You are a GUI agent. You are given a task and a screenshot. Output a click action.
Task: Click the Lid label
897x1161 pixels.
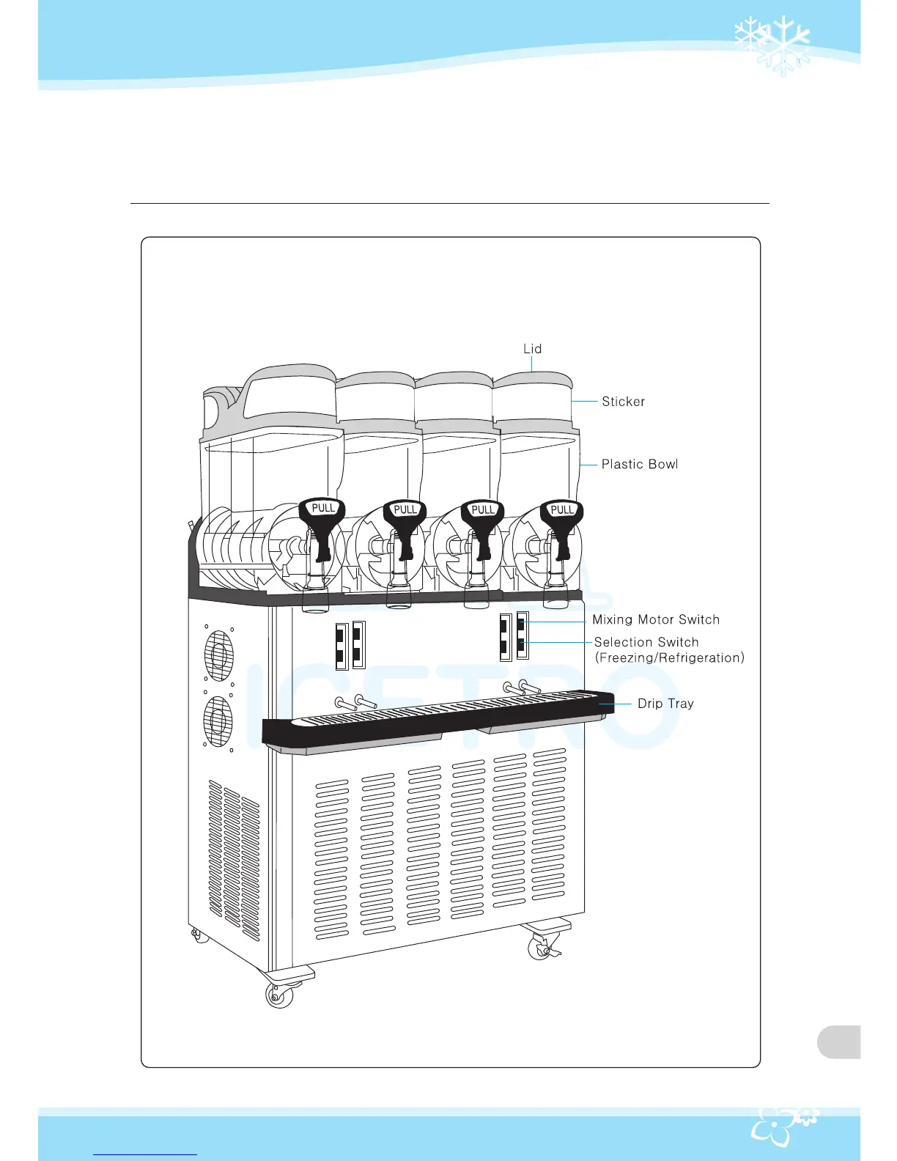(x=532, y=349)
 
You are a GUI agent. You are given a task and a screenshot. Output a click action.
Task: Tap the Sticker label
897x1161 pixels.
(x=623, y=402)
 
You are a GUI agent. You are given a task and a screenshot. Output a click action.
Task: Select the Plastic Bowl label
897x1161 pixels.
(x=639, y=464)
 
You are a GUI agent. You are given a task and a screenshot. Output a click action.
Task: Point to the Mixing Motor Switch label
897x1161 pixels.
(x=655, y=619)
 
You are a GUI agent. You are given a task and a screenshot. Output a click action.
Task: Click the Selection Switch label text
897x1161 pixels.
(x=646, y=642)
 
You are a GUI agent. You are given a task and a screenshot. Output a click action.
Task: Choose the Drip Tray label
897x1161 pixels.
(x=665, y=704)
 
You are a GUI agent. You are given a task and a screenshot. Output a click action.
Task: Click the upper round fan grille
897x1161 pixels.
(x=218, y=655)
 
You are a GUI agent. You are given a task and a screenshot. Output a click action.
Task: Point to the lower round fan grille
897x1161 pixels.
(x=218, y=720)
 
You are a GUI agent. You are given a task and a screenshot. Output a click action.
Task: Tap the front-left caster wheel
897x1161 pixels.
(x=279, y=995)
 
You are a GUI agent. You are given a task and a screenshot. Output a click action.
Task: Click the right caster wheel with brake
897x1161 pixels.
(x=541, y=948)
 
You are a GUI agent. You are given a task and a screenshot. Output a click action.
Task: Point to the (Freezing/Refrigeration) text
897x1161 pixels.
(x=670, y=658)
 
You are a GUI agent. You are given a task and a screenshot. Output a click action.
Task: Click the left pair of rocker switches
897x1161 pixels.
(x=350, y=646)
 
